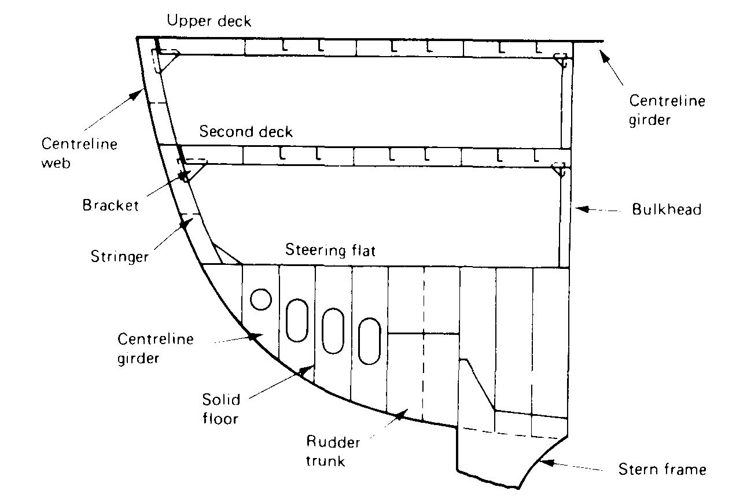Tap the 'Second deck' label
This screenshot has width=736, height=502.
click(x=246, y=131)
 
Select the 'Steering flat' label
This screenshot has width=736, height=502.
click(x=330, y=250)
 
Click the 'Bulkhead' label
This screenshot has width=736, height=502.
click(x=667, y=209)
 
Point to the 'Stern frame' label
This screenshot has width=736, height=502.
click(x=662, y=468)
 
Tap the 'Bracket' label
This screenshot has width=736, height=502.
click(x=111, y=205)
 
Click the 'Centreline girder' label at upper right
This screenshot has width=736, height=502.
click(x=667, y=110)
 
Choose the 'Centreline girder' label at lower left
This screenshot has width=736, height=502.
click(x=155, y=348)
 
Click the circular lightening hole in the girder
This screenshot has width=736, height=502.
click(x=260, y=300)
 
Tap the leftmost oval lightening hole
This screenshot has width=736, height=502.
click(x=297, y=319)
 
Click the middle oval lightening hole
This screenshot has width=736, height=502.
click(x=333, y=330)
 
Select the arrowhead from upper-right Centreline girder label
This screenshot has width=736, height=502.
click(x=603, y=54)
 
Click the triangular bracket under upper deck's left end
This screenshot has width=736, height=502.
click(x=168, y=61)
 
